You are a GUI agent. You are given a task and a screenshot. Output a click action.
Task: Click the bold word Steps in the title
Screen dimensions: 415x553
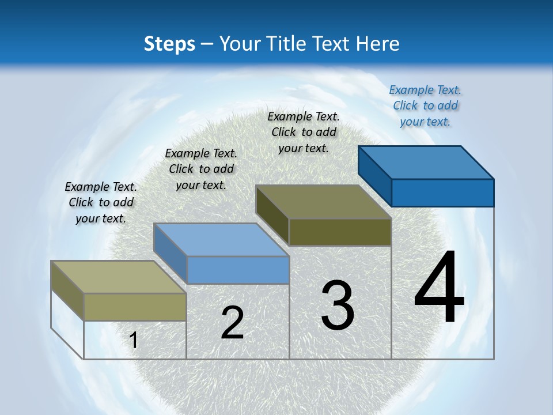coord(169,44)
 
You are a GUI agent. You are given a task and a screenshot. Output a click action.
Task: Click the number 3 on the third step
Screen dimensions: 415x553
coord(338,305)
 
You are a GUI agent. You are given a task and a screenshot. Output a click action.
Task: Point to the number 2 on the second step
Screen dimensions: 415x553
coord(232,323)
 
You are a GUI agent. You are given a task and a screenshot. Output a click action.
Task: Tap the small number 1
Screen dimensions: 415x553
coord(134,340)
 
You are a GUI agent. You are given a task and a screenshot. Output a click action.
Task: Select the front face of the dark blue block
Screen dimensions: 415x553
coord(442,193)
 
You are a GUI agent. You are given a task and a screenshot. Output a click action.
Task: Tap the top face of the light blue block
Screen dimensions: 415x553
coord(221,239)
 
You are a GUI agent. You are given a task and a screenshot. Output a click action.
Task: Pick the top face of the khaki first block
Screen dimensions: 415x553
coord(119,277)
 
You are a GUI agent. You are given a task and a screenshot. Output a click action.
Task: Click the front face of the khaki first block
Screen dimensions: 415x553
coord(135,307)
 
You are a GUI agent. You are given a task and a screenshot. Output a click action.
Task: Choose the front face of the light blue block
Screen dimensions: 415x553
coord(237,270)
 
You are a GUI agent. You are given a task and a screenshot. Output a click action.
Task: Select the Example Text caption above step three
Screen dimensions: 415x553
coord(304,132)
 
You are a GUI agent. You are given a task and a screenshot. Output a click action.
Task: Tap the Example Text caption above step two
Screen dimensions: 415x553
coord(201,169)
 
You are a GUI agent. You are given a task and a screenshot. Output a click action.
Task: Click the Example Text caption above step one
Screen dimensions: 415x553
coord(101,202)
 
